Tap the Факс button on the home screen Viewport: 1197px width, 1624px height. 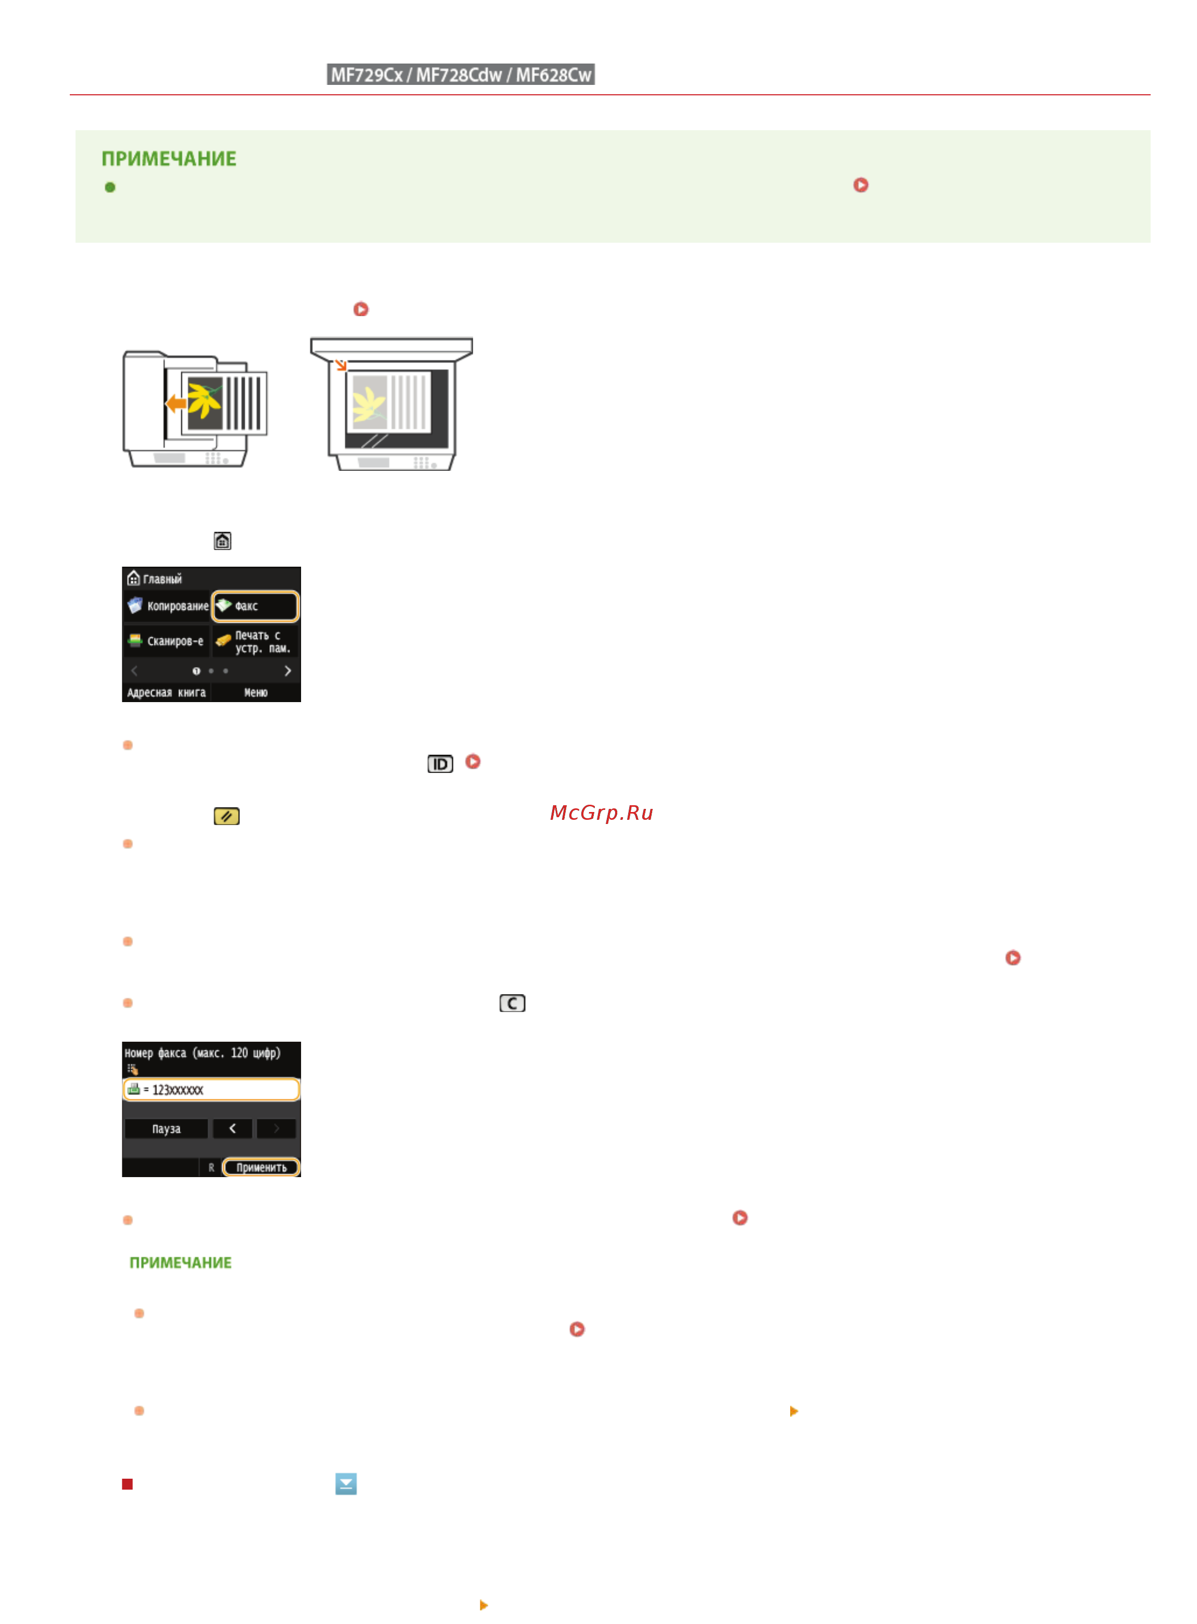(255, 606)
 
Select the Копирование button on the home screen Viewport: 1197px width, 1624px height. (167, 606)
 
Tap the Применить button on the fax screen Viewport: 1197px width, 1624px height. (261, 1166)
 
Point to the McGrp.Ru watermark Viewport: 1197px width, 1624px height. (602, 812)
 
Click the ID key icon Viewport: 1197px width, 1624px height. (440, 764)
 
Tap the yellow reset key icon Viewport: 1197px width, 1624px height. (227, 816)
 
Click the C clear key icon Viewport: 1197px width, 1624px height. (512, 1003)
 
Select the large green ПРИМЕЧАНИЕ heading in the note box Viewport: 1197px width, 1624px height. (169, 159)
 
